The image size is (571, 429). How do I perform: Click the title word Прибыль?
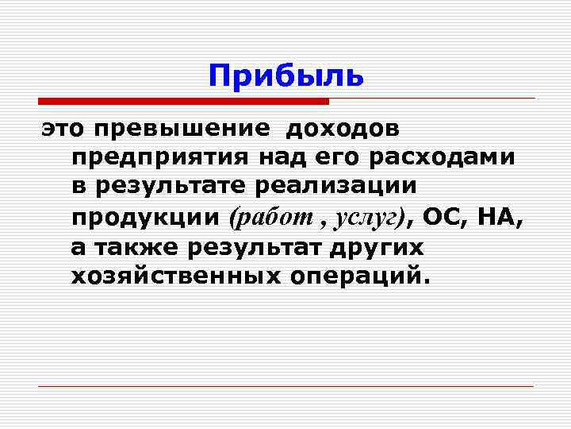(286, 75)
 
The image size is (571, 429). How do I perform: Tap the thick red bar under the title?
(183, 102)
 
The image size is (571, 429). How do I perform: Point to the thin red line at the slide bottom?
(286, 386)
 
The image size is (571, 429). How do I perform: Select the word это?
(61, 127)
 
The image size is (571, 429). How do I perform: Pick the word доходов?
(343, 127)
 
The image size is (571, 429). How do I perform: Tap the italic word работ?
(265, 217)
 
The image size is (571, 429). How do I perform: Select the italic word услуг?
(370, 217)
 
